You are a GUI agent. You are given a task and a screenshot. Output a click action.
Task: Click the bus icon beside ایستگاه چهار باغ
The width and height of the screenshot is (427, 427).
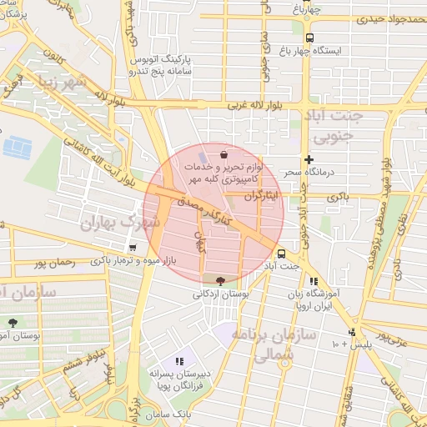tap(309, 38)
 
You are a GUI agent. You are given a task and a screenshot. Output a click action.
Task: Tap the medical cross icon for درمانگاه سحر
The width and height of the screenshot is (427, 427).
tap(309, 159)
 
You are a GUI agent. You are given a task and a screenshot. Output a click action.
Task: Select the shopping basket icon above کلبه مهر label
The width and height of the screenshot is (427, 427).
tap(224, 155)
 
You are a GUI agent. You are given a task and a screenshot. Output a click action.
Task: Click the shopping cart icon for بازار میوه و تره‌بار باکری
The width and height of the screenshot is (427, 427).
tap(133, 248)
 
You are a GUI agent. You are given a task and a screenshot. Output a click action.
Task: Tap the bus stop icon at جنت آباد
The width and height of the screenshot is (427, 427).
tap(280, 252)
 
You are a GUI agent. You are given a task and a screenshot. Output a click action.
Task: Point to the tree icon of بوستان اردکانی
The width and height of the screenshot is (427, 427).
tap(220, 281)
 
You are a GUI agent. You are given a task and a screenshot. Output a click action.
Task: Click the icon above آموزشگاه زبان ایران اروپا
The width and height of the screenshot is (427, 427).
tap(314, 282)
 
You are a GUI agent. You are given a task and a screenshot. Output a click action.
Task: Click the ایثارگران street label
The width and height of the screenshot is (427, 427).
tap(264, 195)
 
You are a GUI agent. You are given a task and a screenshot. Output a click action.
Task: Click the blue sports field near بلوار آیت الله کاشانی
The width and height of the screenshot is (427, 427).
tap(16, 148)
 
